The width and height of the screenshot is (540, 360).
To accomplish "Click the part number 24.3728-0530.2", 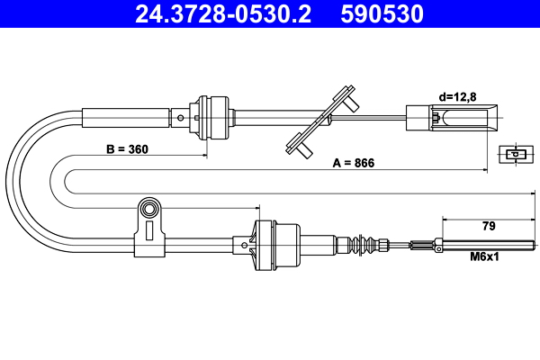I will (216, 14).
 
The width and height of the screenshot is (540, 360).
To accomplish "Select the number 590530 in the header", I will (382, 14).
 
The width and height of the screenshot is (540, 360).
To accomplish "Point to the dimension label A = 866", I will (353, 163).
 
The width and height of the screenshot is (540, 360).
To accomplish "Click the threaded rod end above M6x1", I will (486, 243).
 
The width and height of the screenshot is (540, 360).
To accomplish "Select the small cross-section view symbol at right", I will (514, 154).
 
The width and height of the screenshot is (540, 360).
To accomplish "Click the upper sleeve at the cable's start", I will (126, 116).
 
